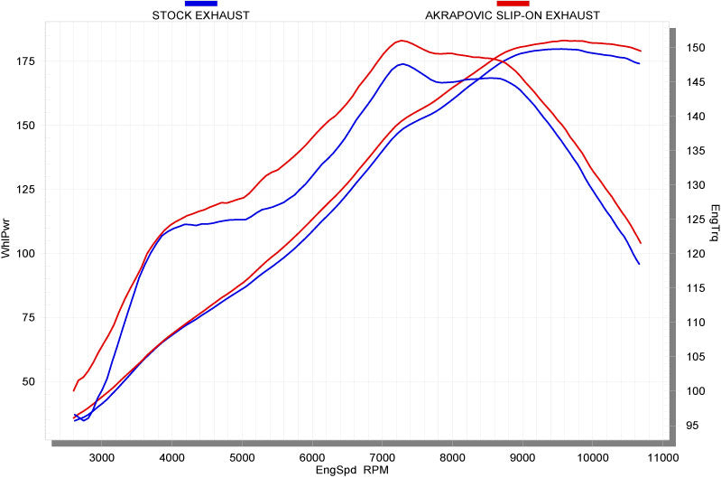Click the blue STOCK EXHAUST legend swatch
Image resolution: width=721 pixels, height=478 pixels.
pyautogui.click(x=200, y=4)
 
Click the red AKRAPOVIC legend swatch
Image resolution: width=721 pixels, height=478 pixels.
pyautogui.click(x=512, y=4)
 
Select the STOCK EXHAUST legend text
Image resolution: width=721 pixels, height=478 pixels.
pyautogui.click(x=200, y=15)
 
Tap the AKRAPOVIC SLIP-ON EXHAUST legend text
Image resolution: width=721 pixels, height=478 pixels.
pyautogui.click(x=512, y=15)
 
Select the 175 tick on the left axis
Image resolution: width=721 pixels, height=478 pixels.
pyautogui.click(x=25, y=61)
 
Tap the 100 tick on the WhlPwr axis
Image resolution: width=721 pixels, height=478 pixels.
pyautogui.click(x=25, y=253)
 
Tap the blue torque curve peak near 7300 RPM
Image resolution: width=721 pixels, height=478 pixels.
pyautogui.click(x=402, y=63)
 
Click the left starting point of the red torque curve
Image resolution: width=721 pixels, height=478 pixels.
pyautogui.click(x=74, y=390)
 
